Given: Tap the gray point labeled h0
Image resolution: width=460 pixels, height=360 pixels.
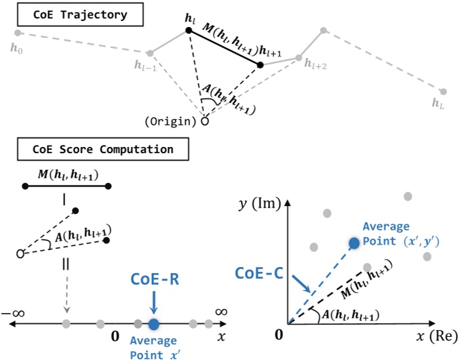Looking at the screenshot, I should [18, 33].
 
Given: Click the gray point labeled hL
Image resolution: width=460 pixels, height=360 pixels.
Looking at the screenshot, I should [442, 92].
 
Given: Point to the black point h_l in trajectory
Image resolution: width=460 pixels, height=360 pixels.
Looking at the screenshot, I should [189, 31].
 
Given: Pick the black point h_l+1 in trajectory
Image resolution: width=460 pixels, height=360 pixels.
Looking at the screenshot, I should [260, 65].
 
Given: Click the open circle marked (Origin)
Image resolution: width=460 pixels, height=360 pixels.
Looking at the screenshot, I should [204, 121].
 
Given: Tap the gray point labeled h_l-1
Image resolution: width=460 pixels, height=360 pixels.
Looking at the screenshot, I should [150, 53].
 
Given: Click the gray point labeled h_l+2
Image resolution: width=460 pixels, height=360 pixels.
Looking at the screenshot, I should [298, 58].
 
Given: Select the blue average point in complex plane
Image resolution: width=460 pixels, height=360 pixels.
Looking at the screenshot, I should [353, 243].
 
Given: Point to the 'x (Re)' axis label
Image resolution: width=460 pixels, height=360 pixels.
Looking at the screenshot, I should [435, 337].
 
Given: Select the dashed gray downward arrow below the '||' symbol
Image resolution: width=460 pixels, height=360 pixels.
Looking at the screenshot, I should [66, 298].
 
